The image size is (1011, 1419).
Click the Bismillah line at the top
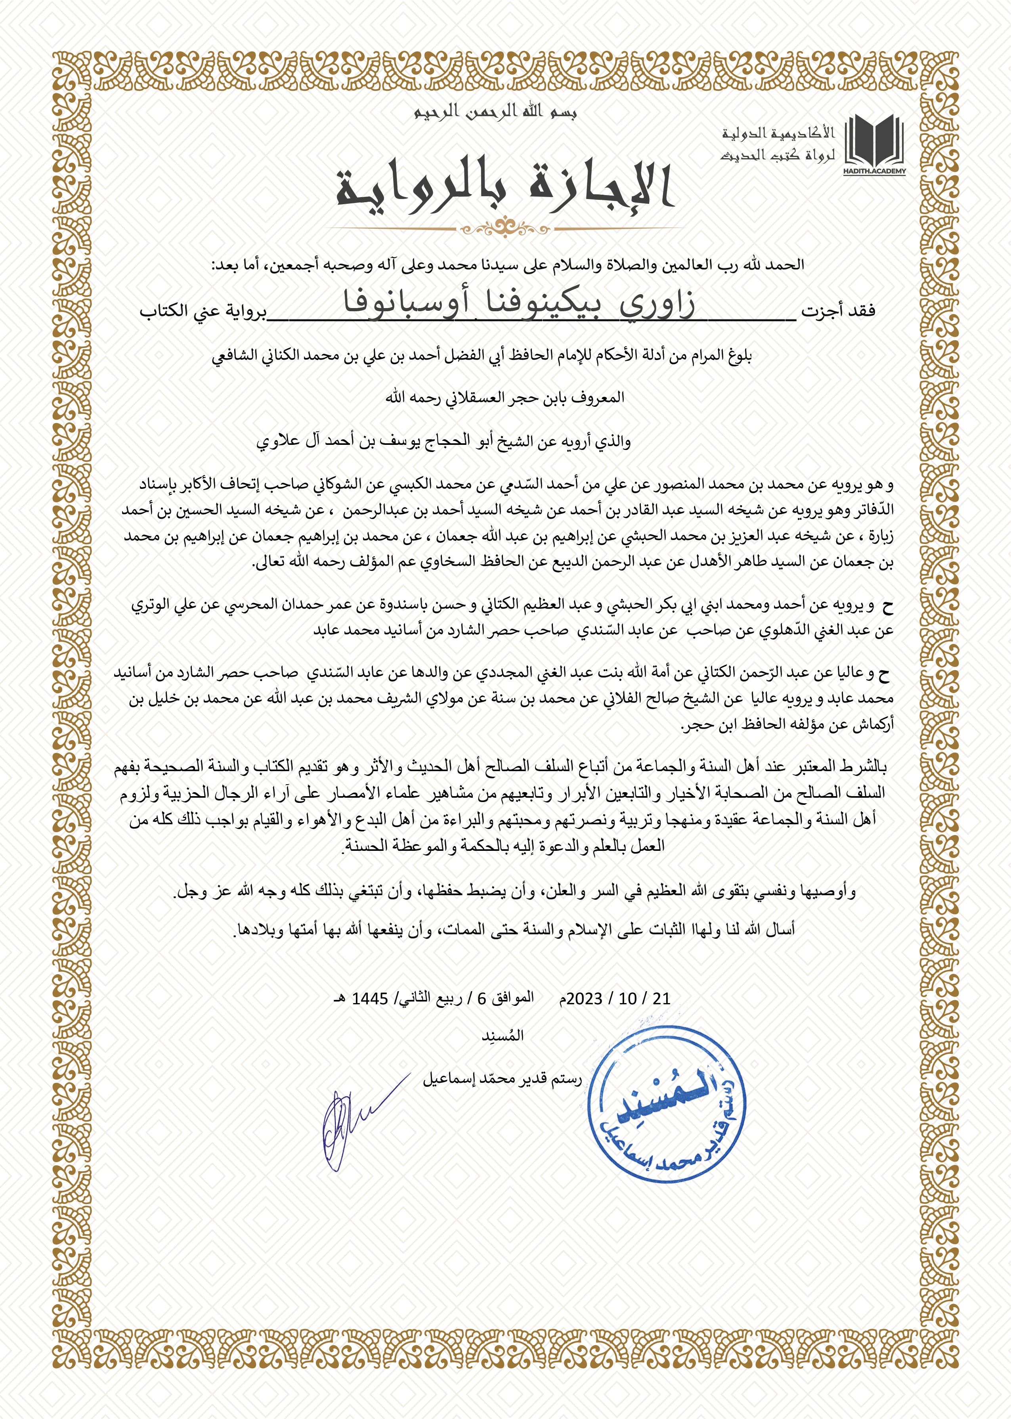495,112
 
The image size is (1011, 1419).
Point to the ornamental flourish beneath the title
506,229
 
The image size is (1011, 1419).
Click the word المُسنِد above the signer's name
503,1036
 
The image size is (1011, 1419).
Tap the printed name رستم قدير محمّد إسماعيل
502,1079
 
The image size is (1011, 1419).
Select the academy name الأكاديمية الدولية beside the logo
778,133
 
